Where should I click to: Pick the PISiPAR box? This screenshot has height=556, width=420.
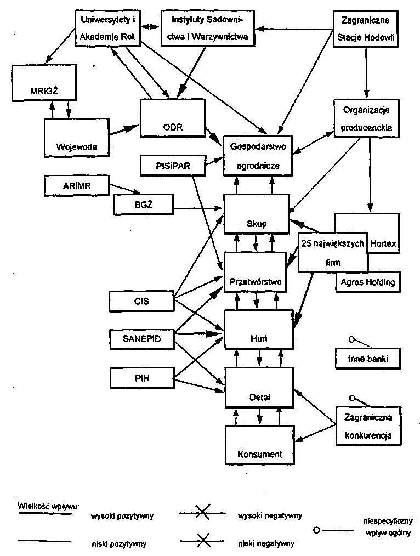coord(172,164)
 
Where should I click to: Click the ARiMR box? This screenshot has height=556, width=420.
coord(77,185)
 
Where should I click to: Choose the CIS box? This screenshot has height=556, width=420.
coord(140,300)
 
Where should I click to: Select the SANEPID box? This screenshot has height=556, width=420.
coord(141,338)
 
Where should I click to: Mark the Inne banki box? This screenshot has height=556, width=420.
coord(367,359)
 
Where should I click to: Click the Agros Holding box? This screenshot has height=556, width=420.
coord(367,282)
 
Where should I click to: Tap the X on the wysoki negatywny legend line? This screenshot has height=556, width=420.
coord(202,514)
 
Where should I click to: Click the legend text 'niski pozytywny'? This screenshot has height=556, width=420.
coord(118,544)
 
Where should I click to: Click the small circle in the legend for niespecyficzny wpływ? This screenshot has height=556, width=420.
coord(317,530)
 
